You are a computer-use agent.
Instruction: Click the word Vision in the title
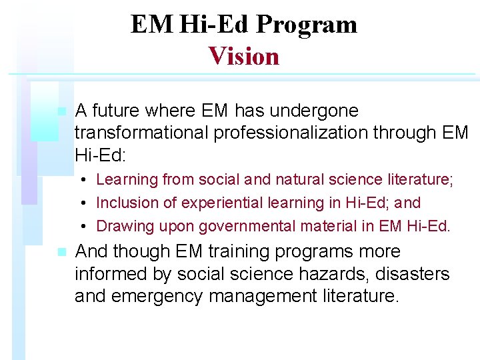243,56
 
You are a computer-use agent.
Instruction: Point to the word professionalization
293,133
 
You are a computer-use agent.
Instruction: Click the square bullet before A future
61,111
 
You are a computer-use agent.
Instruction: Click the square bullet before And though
61,253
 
